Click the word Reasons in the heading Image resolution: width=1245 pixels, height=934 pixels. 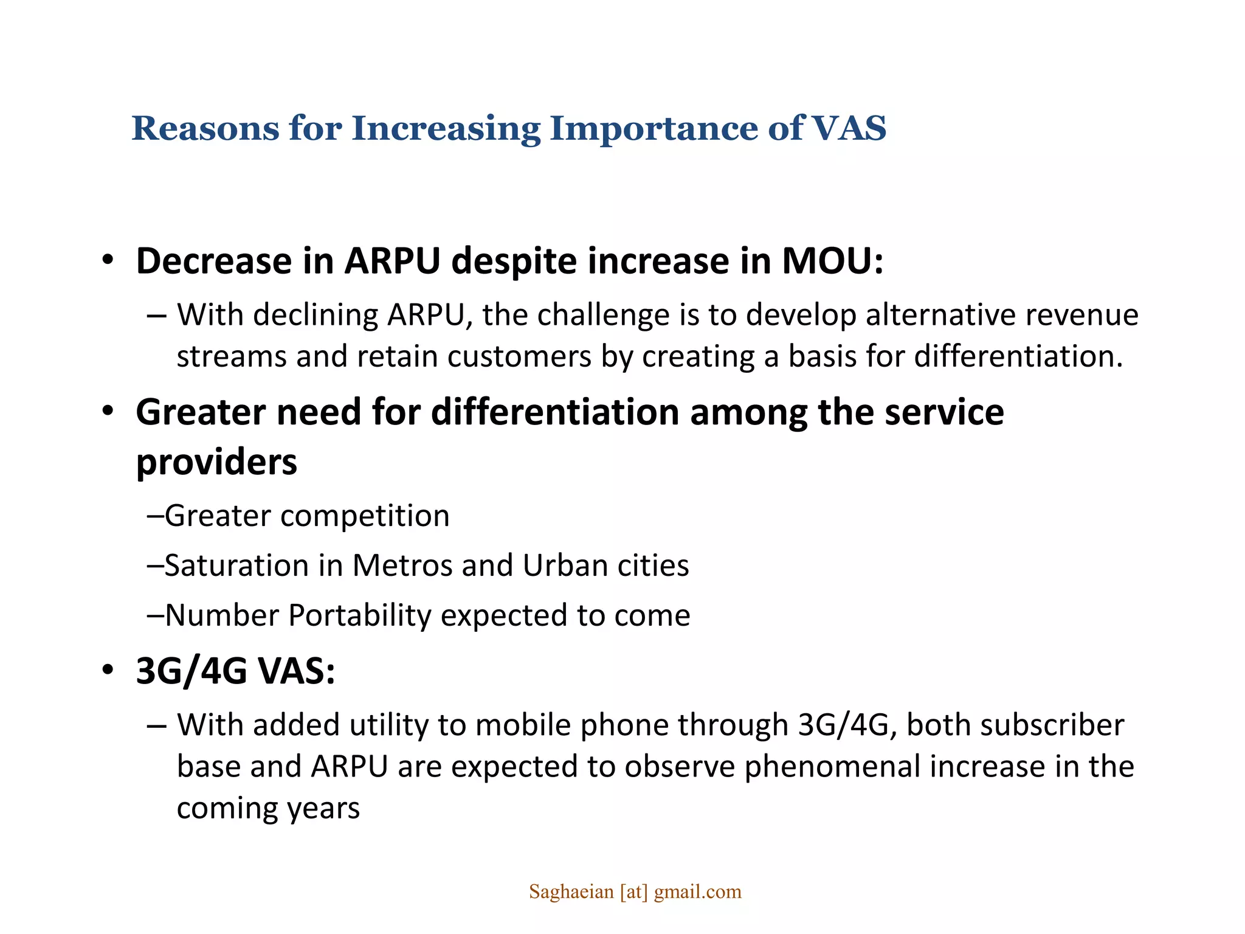point(205,128)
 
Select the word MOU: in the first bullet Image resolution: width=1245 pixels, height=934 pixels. point(832,261)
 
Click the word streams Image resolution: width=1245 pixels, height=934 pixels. point(231,357)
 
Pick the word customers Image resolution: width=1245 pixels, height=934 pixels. point(519,357)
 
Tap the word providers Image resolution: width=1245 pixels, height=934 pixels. point(216,462)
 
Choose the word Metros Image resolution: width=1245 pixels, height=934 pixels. point(402,566)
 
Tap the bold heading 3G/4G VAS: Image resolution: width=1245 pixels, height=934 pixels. point(235,672)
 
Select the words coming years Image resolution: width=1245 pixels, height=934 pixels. point(268,808)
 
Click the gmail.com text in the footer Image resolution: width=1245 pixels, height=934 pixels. point(697,892)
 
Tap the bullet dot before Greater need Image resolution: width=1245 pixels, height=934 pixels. point(108,412)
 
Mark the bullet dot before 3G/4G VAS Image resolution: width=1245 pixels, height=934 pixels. point(108,671)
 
